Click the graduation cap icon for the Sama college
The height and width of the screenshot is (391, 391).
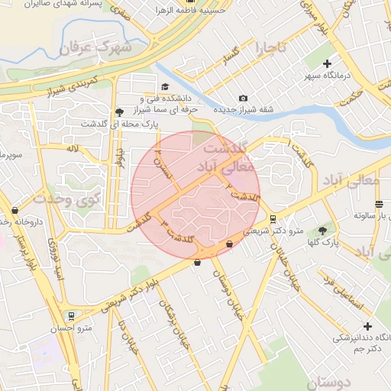(165, 86)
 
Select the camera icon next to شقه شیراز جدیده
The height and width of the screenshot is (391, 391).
(243, 98)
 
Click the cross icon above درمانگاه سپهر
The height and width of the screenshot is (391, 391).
(328, 63)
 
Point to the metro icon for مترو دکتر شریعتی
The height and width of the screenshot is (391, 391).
(273, 218)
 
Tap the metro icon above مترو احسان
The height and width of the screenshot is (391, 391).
(71, 315)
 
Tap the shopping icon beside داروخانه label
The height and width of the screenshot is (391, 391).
(15, 210)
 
